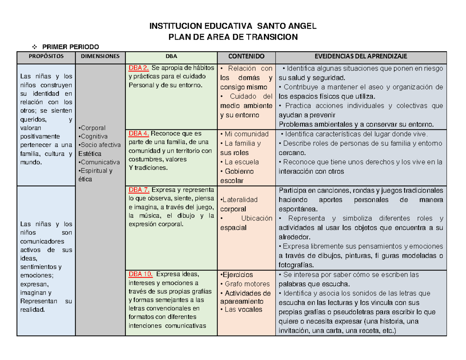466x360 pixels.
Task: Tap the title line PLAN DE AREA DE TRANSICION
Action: pos(233,37)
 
